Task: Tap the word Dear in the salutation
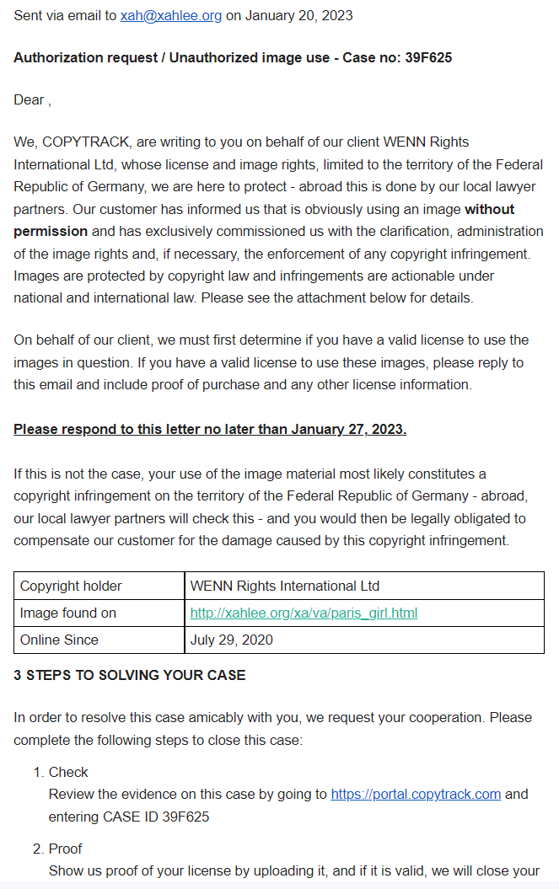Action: click(29, 99)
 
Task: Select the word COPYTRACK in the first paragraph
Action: click(80, 142)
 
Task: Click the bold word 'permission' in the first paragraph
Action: click(51, 231)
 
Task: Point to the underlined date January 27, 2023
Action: click(348, 429)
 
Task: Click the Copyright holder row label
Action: click(71, 586)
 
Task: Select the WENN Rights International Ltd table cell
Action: click(285, 586)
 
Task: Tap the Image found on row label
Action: click(68, 613)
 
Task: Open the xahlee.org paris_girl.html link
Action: click(304, 613)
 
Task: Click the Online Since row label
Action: click(59, 640)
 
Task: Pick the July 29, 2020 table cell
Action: click(232, 640)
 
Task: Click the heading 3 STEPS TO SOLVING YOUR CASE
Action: click(129, 675)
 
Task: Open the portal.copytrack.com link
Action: click(416, 794)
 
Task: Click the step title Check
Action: click(68, 772)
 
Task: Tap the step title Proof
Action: click(66, 849)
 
